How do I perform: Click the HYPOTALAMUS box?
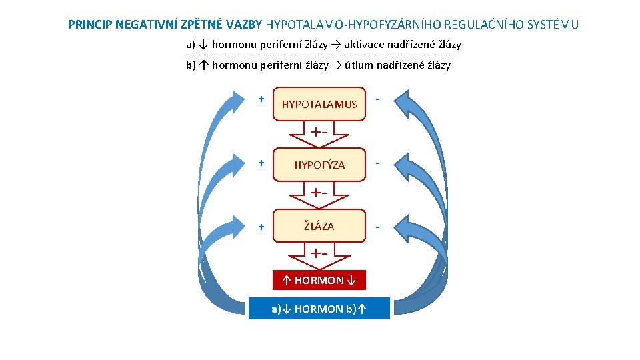tap(320, 104)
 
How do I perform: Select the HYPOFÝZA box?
tap(320, 165)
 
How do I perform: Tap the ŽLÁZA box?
tap(320, 227)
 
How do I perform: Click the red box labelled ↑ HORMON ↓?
tap(319, 280)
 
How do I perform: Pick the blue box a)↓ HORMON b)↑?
tap(319, 309)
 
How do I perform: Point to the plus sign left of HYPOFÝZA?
tap(261, 163)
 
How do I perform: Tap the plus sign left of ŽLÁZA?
tap(261, 227)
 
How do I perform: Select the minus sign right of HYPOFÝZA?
tap(378, 163)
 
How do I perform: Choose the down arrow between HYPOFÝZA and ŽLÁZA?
tap(320, 195)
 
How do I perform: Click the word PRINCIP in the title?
tap(89, 25)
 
